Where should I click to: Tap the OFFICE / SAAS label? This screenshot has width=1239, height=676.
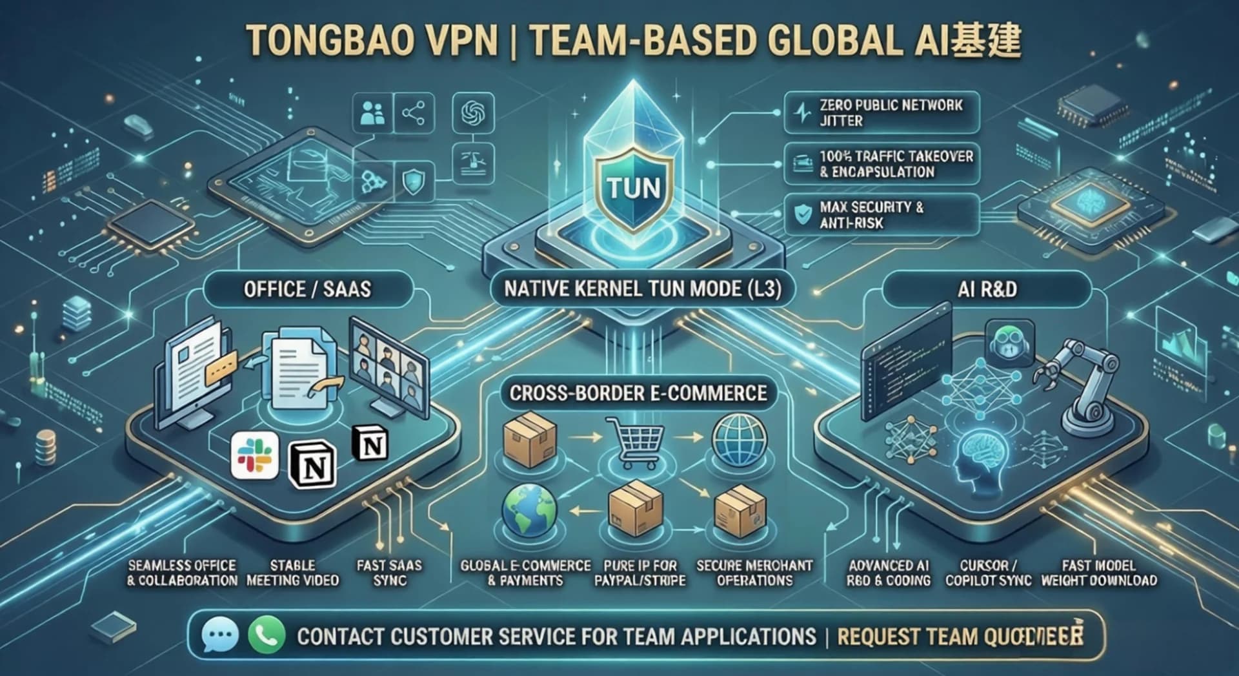307,289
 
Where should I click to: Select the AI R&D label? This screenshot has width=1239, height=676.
987,289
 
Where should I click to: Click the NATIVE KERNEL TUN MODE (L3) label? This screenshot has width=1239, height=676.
642,288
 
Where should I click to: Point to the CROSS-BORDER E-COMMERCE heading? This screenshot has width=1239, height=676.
638,393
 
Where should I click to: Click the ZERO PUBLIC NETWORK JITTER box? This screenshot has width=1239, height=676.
881,113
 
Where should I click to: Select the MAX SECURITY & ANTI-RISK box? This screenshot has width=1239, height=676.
881,215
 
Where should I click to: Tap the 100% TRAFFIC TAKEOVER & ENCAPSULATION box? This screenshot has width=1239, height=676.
881,164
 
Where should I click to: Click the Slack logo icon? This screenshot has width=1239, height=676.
254,455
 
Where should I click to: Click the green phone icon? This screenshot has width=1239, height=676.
267,635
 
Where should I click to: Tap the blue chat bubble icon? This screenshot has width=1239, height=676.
219,635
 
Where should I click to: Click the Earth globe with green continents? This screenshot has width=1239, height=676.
529,510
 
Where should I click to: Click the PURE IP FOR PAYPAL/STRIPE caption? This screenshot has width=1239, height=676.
640,573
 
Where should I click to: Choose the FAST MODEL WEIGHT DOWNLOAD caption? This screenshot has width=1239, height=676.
1098,573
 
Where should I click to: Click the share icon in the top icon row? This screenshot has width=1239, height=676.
413,114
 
